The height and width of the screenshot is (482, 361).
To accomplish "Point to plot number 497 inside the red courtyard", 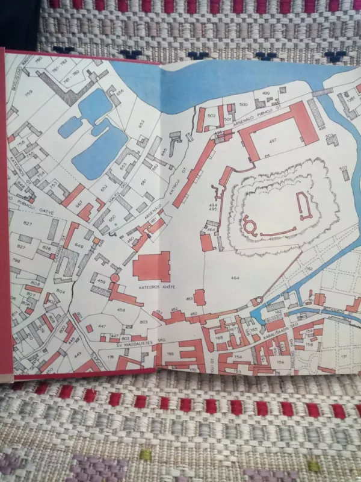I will (273, 140).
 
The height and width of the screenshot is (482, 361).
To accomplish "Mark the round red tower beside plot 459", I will (114, 278).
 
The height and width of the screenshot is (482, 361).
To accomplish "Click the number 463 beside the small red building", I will (190, 299).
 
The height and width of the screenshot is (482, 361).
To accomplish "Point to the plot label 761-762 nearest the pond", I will (72, 72).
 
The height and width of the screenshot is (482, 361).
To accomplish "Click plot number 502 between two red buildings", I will (211, 114).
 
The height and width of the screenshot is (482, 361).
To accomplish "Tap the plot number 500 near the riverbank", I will (243, 105).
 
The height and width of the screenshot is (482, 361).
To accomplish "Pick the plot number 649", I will (80, 246).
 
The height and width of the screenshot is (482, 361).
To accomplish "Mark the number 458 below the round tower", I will (121, 310).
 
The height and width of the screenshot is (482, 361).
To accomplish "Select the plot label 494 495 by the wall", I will (212, 208).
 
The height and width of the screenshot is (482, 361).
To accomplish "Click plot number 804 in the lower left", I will (60, 292).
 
